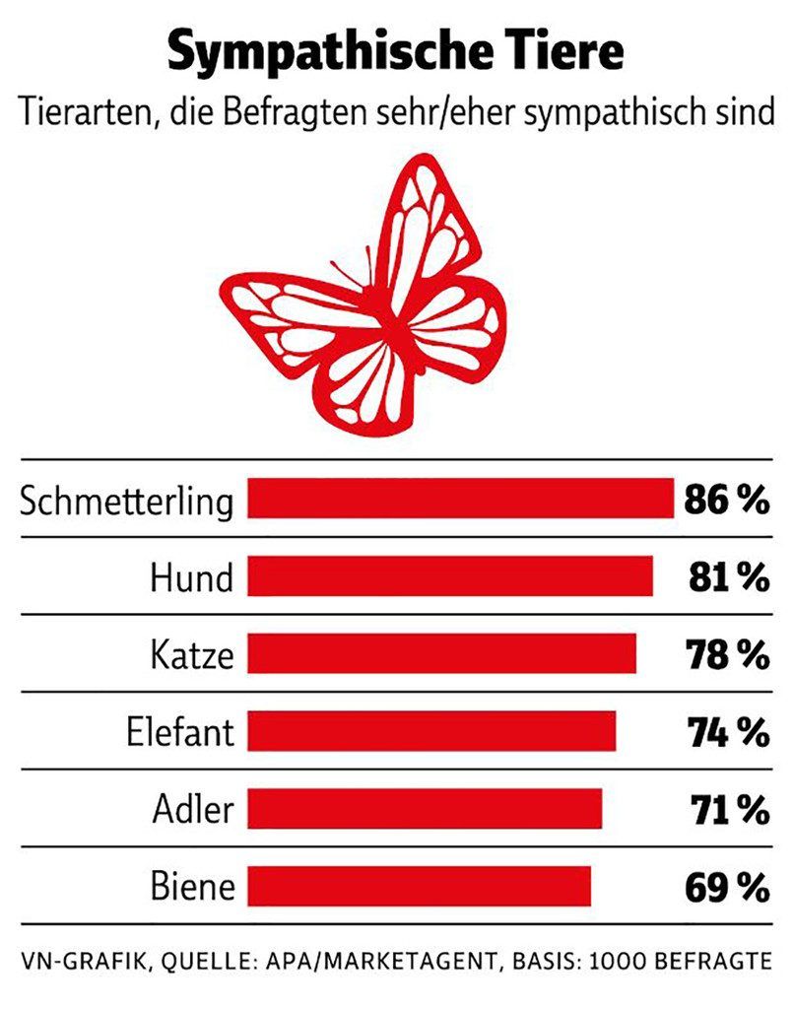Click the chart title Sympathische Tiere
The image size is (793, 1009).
[395, 51]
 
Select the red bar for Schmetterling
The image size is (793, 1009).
[459, 499]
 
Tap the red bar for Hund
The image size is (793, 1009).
[449, 575]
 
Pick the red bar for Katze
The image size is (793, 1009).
[441, 653]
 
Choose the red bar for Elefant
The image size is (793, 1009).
[431, 731]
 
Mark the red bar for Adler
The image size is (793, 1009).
[425, 809]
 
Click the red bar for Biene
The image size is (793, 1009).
[419, 886]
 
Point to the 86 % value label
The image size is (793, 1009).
[726, 500]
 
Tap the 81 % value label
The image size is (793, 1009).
[728, 576]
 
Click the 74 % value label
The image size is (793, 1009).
[727, 731]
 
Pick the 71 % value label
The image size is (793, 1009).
[728, 809]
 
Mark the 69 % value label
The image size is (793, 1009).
[726, 887]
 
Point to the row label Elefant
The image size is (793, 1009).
[180, 732]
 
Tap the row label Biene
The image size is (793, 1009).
[193, 887]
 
